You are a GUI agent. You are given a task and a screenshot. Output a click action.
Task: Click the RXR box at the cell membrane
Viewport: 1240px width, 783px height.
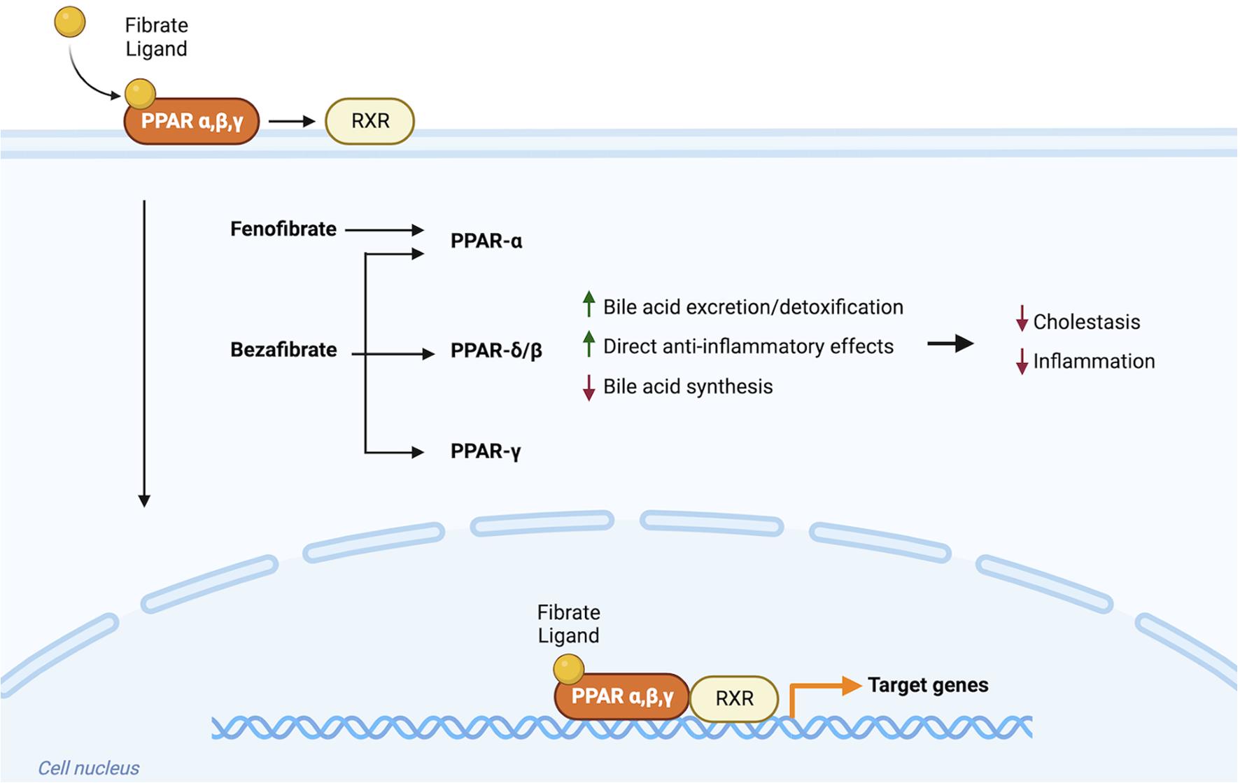coord(369,121)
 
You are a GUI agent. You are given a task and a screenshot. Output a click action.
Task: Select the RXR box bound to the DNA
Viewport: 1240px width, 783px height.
coord(734,698)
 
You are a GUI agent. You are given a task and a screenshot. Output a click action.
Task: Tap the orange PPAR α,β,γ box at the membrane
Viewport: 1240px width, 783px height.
coord(192,122)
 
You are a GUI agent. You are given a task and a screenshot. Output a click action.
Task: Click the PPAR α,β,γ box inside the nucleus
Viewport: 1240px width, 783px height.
coord(622,696)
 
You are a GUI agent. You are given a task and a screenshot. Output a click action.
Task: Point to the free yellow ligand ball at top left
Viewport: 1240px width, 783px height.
coord(70,22)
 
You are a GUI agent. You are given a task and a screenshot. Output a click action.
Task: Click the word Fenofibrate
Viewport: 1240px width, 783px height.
coord(283,229)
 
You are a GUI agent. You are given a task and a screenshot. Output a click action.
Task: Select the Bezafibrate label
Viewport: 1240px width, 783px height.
coord(283,349)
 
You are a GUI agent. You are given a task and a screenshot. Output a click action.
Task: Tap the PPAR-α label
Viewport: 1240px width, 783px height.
coord(486,241)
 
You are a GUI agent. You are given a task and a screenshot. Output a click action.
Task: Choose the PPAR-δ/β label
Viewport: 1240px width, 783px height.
coord(496,350)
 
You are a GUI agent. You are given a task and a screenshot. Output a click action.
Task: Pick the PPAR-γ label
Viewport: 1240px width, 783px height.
coord(486,451)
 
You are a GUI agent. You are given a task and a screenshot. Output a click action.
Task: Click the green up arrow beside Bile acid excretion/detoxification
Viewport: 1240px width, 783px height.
coord(589,304)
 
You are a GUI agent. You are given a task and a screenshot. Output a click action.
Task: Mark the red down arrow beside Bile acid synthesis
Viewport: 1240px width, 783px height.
coord(589,387)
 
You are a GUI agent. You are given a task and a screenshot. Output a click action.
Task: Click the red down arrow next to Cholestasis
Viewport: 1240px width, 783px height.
coord(1022,319)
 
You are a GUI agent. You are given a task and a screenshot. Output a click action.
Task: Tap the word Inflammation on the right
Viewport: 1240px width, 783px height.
coord(1094,361)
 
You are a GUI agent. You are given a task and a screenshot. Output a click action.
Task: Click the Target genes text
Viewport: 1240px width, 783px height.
coord(928,684)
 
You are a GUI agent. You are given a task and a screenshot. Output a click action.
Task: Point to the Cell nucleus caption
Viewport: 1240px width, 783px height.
coord(89,768)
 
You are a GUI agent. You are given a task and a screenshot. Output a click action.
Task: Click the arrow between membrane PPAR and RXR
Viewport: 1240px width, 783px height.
coord(292,122)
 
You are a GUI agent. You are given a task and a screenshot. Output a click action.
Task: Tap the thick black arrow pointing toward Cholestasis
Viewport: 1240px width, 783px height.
coord(950,343)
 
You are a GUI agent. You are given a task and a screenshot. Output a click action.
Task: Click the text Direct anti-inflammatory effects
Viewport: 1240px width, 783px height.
coord(748,346)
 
